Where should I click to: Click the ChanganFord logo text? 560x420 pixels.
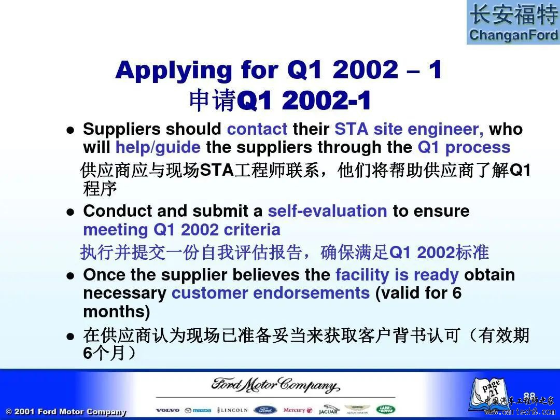513,35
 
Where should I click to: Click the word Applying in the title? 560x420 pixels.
174,71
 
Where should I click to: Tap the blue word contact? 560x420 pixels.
257,129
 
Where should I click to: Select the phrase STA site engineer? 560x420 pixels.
409,130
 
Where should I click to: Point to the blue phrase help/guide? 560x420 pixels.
158,147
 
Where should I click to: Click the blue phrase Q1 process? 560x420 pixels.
464,147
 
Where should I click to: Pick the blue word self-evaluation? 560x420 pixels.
328,211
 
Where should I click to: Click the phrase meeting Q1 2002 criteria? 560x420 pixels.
181,230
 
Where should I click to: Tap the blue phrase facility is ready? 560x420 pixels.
397,275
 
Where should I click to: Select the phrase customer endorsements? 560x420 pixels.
271,293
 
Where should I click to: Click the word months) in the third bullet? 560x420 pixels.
117,312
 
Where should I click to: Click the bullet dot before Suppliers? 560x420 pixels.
71,130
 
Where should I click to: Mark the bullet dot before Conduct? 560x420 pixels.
71,212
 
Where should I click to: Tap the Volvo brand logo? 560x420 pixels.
168,410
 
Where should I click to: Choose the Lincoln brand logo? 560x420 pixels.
232,410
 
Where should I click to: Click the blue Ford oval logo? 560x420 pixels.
265,410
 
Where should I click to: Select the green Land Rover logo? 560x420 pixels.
386,410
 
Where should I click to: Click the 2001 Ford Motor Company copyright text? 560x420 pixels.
66,411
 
